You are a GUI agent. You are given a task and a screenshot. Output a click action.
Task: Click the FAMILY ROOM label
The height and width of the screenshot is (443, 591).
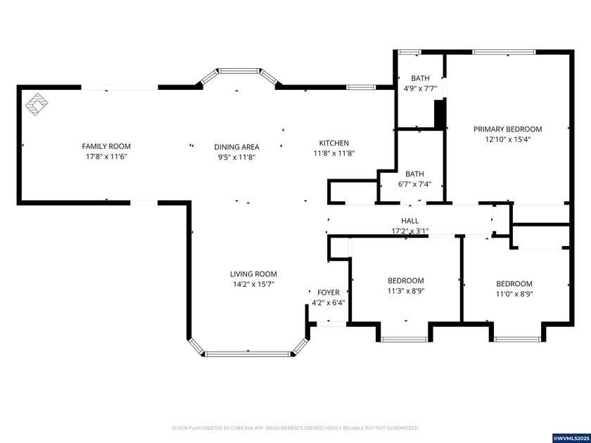[x=106, y=147]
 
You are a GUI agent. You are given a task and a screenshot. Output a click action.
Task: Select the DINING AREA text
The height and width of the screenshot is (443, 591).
[x=236, y=147]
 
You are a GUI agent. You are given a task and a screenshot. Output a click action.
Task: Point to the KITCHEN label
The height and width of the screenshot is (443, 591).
[x=333, y=143]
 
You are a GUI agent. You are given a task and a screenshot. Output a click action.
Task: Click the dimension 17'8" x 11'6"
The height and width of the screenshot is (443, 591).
[x=106, y=157]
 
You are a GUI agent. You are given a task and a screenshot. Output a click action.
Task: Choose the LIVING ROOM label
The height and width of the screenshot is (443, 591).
[x=253, y=274]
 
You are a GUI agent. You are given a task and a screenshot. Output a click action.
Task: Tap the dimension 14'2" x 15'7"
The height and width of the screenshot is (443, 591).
[x=253, y=284]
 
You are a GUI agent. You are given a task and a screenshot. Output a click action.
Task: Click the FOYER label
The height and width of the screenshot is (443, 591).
[x=329, y=293]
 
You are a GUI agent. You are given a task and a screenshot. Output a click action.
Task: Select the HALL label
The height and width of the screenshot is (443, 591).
[x=410, y=221]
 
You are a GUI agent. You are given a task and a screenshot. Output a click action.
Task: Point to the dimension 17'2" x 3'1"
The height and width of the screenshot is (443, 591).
[x=410, y=231]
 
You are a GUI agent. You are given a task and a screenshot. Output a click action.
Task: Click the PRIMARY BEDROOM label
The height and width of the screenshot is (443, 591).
[x=507, y=129]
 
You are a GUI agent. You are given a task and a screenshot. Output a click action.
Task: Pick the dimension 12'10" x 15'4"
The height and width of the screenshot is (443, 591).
[x=507, y=139]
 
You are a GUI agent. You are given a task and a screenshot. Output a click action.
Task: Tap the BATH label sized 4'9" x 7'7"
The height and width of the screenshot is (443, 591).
[x=420, y=78]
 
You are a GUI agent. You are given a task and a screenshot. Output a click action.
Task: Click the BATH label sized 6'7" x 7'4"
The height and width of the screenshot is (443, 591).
[x=414, y=174]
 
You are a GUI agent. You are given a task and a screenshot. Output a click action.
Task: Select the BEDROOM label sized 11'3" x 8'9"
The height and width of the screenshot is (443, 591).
[x=405, y=281]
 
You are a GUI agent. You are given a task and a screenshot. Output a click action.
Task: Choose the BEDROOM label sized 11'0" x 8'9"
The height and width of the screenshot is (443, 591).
[x=514, y=284]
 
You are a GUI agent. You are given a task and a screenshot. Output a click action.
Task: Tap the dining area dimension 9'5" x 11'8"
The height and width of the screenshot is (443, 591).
[x=236, y=158]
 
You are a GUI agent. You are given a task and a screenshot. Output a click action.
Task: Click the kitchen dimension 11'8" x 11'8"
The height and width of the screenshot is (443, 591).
[x=333, y=153]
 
